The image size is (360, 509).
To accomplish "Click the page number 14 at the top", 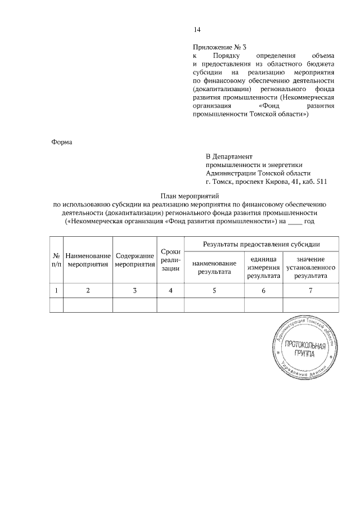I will (x=196, y=30).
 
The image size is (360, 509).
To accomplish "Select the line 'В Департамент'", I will (x=229, y=156).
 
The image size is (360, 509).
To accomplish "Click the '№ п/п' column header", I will (x=56, y=260).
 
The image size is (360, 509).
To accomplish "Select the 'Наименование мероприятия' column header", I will (x=88, y=260).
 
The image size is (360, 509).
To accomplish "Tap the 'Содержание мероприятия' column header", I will (x=135, y=260).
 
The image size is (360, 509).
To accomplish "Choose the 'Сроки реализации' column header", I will (x=170, y=260).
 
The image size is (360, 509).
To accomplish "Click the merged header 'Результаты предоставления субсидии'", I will (x=262, y=245).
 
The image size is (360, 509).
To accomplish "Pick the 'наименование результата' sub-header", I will (x=214, y=268).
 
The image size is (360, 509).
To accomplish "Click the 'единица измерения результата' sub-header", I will (x=263, y=268).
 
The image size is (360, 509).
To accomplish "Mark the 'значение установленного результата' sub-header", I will (x=310, y=268).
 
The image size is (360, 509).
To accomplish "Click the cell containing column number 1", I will (x=56, y=290).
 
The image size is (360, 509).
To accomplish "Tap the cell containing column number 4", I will (x=170, y=290).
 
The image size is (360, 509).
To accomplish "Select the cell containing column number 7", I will (x=310, y=290).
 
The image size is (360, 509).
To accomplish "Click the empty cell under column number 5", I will (x=214, y=304).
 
